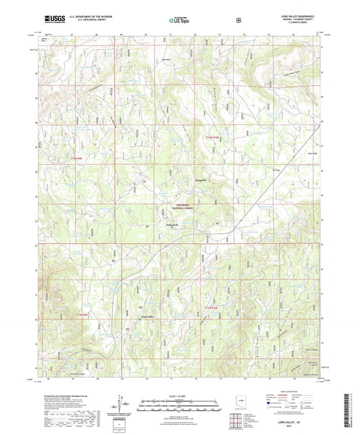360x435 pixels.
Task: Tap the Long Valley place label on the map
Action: (x=147, y=315)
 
